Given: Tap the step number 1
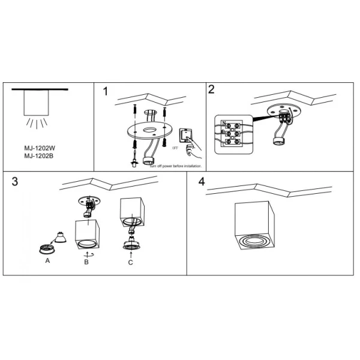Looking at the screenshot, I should pos(106,92).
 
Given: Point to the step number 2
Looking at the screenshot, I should pos(211,90).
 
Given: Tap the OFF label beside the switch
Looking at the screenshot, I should pos(175,146).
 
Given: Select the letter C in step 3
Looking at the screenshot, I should pos(131,262).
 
